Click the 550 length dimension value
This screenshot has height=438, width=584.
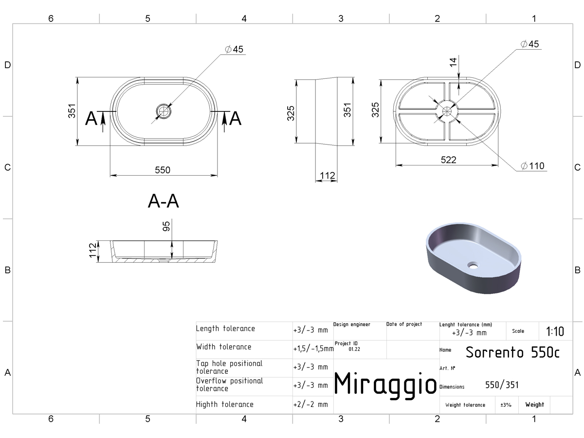[x=162, y=170]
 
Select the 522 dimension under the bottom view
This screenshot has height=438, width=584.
[x=448, y=160]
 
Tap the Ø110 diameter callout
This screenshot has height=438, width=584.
[x=532, y=166]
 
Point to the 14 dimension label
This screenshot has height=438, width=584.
[x=453, y=62]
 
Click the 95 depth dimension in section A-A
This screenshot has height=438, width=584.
[x=166, y=226]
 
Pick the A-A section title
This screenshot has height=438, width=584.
[x=164, y=201]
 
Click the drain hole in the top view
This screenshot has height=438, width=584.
[x=164, y=111]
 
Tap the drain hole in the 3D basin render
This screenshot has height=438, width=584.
[x=473, y=265]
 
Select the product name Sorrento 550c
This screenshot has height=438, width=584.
[x=512, y=352]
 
